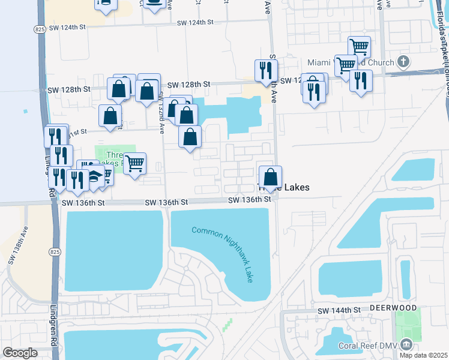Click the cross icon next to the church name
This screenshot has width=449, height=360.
pos(404,62)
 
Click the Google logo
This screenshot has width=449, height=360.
pos(19,353)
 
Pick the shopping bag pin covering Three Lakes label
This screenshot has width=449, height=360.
pos(271,178)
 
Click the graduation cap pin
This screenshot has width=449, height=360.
pos(95,176)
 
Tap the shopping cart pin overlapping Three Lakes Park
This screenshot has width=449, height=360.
pos(135,163)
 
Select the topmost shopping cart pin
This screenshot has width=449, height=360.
pos(359,46)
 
